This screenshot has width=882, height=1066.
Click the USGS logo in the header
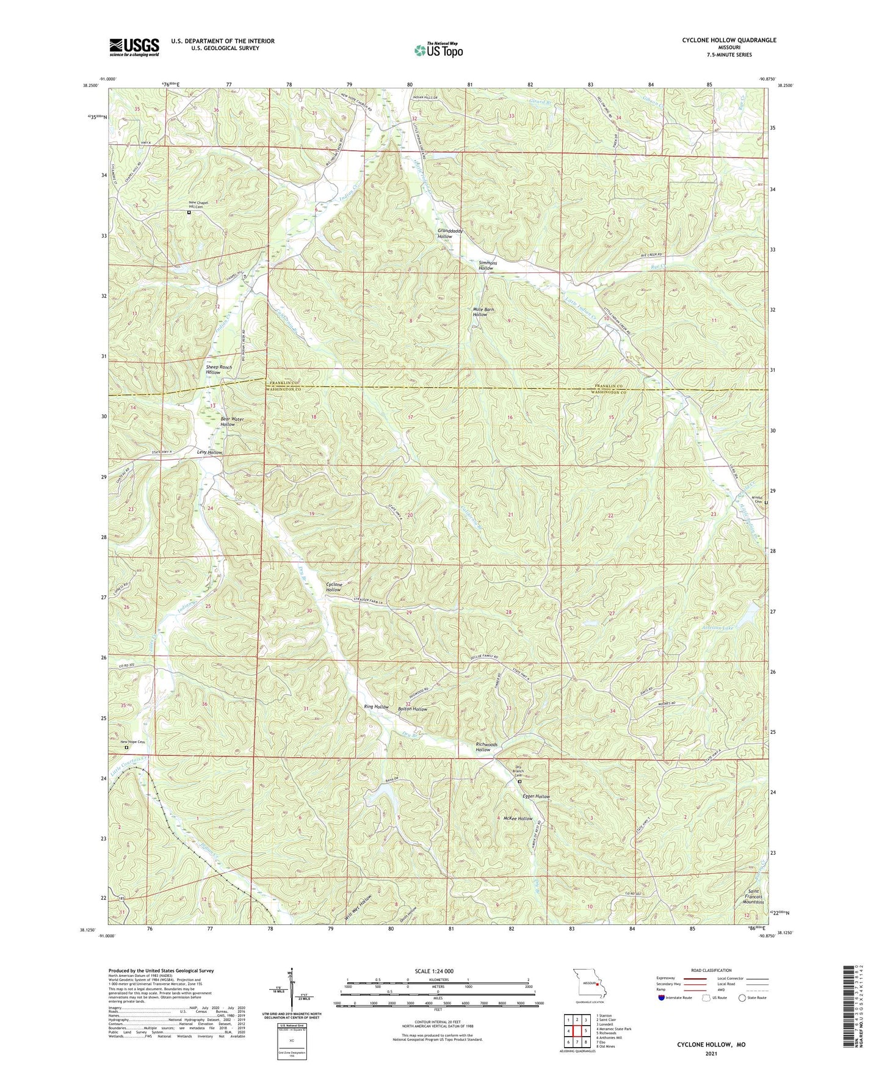134,47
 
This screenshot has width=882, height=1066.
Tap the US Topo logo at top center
438,50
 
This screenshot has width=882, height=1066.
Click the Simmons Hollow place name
486,266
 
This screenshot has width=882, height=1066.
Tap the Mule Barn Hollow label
484,312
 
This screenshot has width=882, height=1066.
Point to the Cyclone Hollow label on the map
333,587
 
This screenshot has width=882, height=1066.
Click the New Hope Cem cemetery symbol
127,747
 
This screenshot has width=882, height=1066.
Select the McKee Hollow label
518,818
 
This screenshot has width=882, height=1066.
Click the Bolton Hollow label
413,709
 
